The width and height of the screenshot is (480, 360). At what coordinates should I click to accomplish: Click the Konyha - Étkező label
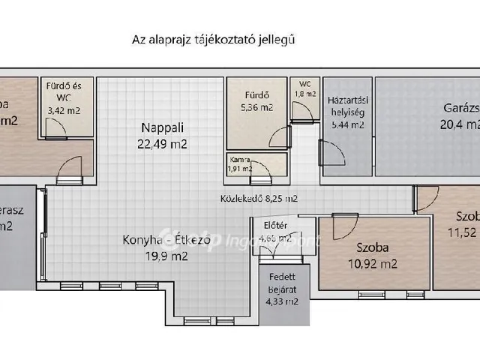tap(155, 241)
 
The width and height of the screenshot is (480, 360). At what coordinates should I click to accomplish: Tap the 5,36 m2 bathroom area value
tap(257, 108)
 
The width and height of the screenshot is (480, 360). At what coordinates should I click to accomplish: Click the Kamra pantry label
tap(240, 159)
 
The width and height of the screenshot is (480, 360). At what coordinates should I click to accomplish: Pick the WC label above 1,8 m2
tap(304, 84)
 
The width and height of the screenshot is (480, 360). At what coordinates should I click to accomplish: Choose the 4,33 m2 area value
tap(283, 302)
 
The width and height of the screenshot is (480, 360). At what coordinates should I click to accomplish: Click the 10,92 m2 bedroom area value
tap(373, 263)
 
